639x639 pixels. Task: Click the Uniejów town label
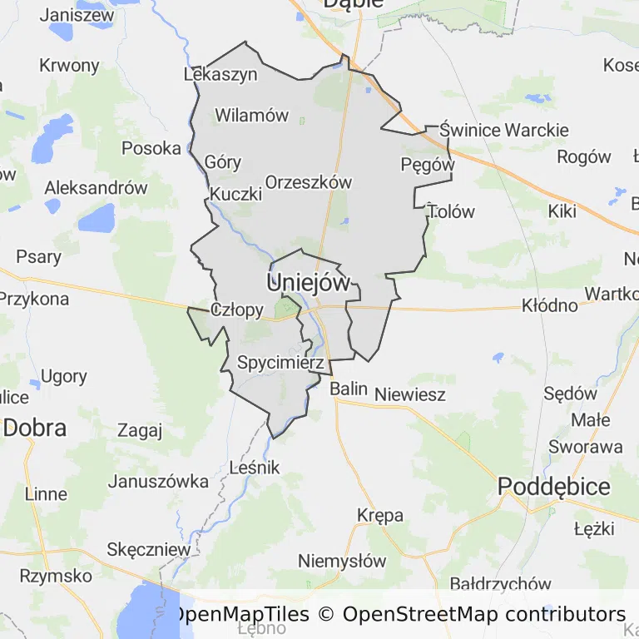pos(308,283)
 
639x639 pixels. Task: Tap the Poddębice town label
pos(554,487)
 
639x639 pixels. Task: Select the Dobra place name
pos(35,428)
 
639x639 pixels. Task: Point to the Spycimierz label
pos(280,363)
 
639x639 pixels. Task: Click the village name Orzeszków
pos(309,182)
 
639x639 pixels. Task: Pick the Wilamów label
pos(252,116)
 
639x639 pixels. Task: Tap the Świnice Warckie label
pos(504,130)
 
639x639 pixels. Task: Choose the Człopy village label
pos(237,311)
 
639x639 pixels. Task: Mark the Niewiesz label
pos(410,395)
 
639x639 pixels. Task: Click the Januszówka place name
pos(159,481)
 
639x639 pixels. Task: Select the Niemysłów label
pos(342,561)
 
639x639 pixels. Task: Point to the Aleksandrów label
pos(96,187)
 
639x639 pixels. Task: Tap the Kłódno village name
pos(550,305)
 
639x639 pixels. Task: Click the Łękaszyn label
pos(220,74)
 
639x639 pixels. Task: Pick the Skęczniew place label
pos(149,550)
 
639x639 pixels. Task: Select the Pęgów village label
pos(428,165)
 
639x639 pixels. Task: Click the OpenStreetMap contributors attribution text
pos(483,615)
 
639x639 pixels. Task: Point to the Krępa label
pos(380,515)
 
